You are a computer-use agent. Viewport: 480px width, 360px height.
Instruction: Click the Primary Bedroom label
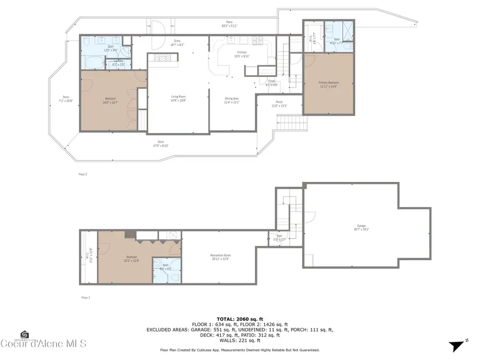329,84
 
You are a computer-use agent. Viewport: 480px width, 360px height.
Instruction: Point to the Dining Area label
233,100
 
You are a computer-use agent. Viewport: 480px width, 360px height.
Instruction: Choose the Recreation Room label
220,257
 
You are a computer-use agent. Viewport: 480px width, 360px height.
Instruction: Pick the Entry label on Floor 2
177,43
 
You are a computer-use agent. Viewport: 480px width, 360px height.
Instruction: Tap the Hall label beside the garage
279,237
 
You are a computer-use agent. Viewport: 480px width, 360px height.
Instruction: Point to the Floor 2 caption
83,174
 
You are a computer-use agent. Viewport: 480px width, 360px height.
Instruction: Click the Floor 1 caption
85,298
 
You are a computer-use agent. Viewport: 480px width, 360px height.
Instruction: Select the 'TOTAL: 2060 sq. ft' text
239,318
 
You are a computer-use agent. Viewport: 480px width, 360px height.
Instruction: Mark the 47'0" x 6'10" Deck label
161,143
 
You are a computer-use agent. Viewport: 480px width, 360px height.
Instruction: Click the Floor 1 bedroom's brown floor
123,267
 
